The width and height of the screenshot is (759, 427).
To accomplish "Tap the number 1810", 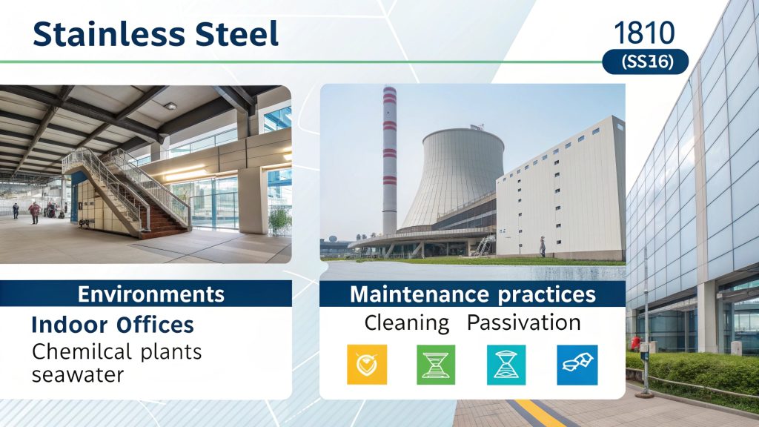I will click(644, 32).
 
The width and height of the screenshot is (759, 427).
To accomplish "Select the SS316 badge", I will click(644, 62).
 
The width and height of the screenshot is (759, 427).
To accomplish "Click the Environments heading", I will click(151, 294).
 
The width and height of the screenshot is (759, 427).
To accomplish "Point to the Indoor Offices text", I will click(113, 325).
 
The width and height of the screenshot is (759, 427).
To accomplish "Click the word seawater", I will click(78, 374).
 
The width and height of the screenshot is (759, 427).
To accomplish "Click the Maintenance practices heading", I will click(472, 294).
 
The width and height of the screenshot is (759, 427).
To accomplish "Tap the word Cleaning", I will click(407, 323).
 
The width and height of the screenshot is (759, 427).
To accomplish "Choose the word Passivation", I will click(523, 323).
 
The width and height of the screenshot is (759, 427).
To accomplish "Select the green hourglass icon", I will click(435, 364).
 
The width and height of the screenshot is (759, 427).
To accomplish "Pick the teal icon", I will click(506, 364).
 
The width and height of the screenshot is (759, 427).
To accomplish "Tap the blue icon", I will click(575, 364).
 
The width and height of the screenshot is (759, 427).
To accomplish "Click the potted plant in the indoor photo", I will click(279, 220).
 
